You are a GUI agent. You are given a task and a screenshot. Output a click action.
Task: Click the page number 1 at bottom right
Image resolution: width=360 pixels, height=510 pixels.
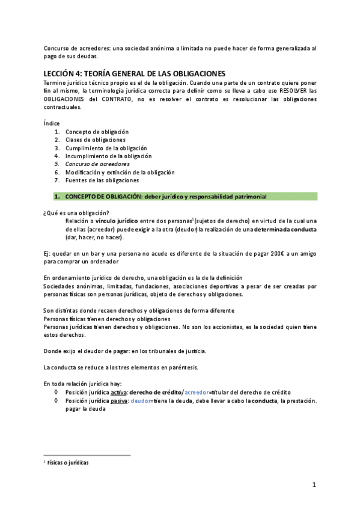(x=314, y=485)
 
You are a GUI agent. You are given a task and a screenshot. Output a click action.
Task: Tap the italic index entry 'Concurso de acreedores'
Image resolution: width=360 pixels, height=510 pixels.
(x=97, y=164)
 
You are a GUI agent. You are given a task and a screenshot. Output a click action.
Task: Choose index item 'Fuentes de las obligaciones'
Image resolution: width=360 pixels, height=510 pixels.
(x=102, y=180)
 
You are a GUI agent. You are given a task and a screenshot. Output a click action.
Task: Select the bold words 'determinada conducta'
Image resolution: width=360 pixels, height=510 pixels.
(x=285, y=229)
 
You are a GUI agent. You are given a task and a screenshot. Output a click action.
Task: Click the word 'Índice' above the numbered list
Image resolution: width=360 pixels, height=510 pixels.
(x=52, y=123)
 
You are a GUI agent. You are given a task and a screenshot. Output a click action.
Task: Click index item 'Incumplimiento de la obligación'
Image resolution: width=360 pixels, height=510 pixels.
(x=109, y=156)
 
